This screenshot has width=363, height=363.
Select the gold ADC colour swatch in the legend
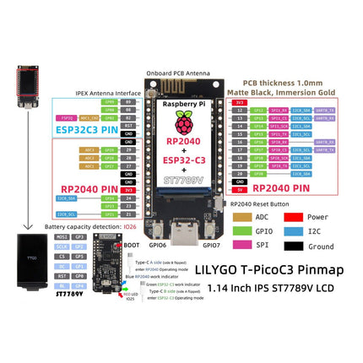tap(241, 218)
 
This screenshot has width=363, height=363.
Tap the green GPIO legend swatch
tap(241, 232)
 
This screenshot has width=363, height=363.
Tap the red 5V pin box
tap(239, 190)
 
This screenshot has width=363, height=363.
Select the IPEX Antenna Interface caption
tap(86, 91)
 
